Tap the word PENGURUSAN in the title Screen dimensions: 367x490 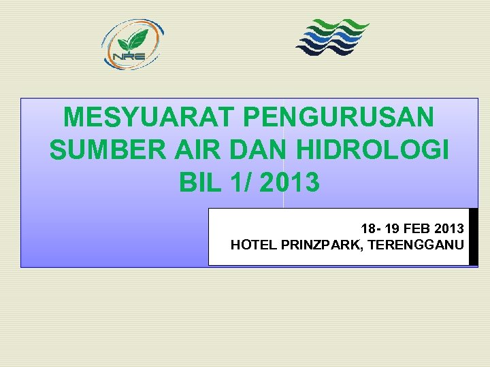tap(338, 118)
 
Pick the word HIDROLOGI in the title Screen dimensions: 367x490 tap(370, 150)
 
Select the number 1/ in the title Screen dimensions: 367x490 tap(239, 182)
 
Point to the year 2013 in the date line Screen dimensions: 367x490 tap(450, 228)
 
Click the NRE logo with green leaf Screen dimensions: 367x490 tap(132, 43)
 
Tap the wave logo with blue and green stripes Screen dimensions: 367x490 tap(331, 37)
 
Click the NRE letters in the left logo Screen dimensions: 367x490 tap(129, 56)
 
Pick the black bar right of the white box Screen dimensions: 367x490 tap(474, 237)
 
